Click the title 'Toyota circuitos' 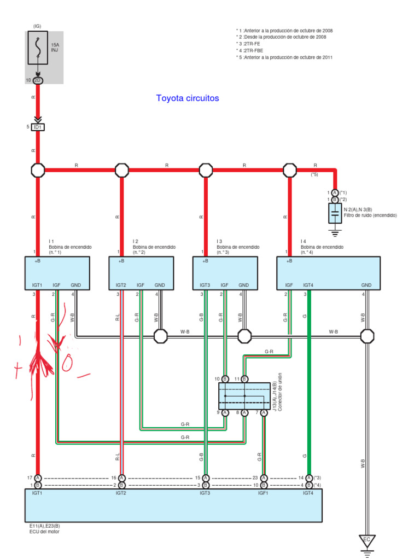187,98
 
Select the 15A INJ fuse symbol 37,47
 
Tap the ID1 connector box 38,127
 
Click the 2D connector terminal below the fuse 38,80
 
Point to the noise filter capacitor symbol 335,214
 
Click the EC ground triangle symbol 367,540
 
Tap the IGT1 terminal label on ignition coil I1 37,285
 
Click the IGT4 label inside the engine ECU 308,493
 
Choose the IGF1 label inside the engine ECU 263,493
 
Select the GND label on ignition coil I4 366,285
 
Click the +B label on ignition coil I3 205,261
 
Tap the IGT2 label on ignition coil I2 121,285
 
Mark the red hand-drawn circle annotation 71,361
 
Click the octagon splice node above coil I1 38,170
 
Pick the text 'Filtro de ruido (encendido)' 370,215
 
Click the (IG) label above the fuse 37,26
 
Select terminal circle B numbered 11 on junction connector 244,378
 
